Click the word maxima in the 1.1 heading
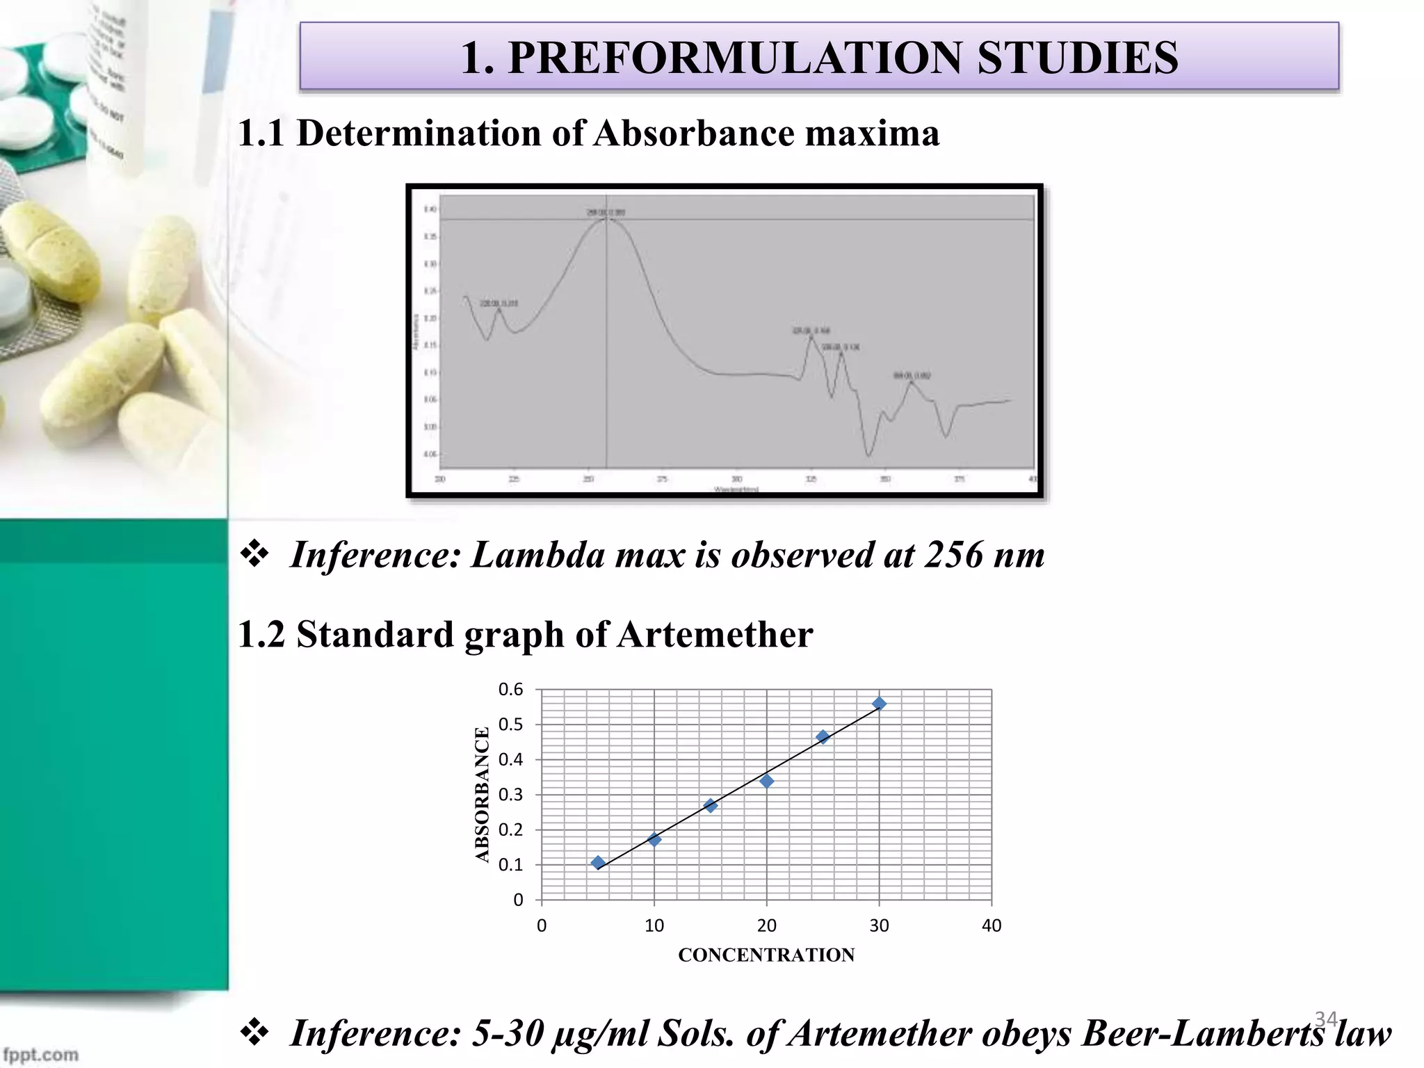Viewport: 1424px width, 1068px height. [x=872, y=133]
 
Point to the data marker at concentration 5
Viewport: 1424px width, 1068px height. [x=598, y=863]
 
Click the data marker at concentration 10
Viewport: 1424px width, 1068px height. [x=654, y=839]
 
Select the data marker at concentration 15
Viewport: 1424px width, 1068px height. [x=711, y=805]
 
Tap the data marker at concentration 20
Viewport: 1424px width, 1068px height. [x=767, y=782]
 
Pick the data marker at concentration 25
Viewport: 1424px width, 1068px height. [x=823, y=737]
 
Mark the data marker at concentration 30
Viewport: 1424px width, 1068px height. [x=880, y=704]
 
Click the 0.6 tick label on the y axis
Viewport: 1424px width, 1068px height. [x=511, y=690]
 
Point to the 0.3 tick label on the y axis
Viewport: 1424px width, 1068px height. [x=511, y=795]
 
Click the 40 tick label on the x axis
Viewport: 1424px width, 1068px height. [x=992, y=926]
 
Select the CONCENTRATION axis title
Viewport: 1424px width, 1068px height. [x=766, y=955]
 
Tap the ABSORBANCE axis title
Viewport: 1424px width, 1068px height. [x=483, y=795]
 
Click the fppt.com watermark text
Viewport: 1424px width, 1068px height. [x=40, y=1054]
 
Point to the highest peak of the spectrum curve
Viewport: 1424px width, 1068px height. [x=607, y=218]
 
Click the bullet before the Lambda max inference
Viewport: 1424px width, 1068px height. [x=254, y=554]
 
